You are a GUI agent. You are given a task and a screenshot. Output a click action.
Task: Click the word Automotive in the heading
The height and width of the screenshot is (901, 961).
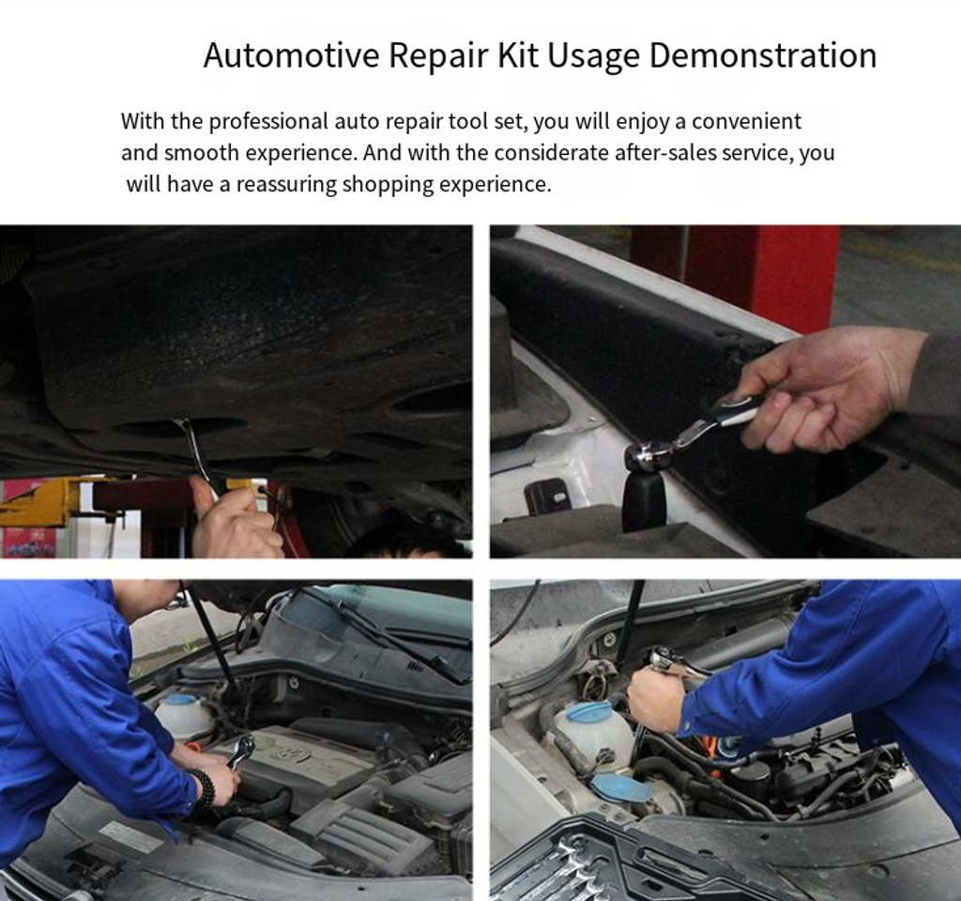tap(292, 54)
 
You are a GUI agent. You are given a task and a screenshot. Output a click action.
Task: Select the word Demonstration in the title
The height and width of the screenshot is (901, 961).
tap(762, 55)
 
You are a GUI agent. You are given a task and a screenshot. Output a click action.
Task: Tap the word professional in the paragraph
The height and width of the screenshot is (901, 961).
tap(268, 122)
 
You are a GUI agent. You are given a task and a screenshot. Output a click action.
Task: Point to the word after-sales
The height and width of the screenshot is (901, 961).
tap(664, 152)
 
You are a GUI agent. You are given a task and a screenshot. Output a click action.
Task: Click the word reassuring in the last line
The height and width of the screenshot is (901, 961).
tap(286, 184)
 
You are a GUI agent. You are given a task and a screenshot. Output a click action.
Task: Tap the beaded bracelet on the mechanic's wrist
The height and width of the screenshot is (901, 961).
tap(204, 790)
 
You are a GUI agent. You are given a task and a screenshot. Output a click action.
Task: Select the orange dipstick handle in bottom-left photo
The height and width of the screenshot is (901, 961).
tap(193, 748)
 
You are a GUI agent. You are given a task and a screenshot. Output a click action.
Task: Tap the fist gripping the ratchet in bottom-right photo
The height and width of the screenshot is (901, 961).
tap(655, 698)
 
